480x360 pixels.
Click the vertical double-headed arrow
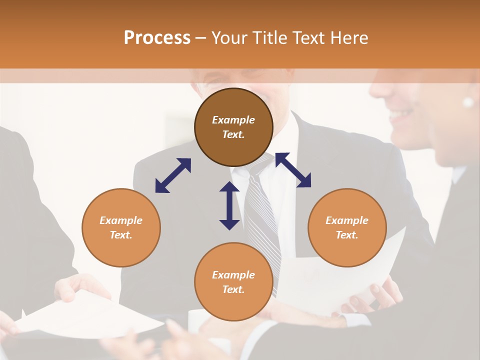pyautogui.click(x=229, y=205)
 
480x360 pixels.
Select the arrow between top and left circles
pyautogui.click(x=173, y=175)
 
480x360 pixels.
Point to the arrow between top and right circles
pyautogui.click(x=293, y=170)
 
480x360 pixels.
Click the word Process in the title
pyautogui.click(x=157, y=37)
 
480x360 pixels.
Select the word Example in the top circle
pyautogui.click(x=233, y=120)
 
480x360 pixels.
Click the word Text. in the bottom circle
pyautogui.click(x=233, y=289)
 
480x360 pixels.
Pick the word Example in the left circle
pyautogui.click(x=121, y=220)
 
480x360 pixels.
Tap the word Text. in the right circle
pyautogui.click(x=347, y=235)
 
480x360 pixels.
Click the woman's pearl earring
pyautogui.click(x=468, y=102)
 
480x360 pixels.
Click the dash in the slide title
pyautogui.click(x=201, y=38)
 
